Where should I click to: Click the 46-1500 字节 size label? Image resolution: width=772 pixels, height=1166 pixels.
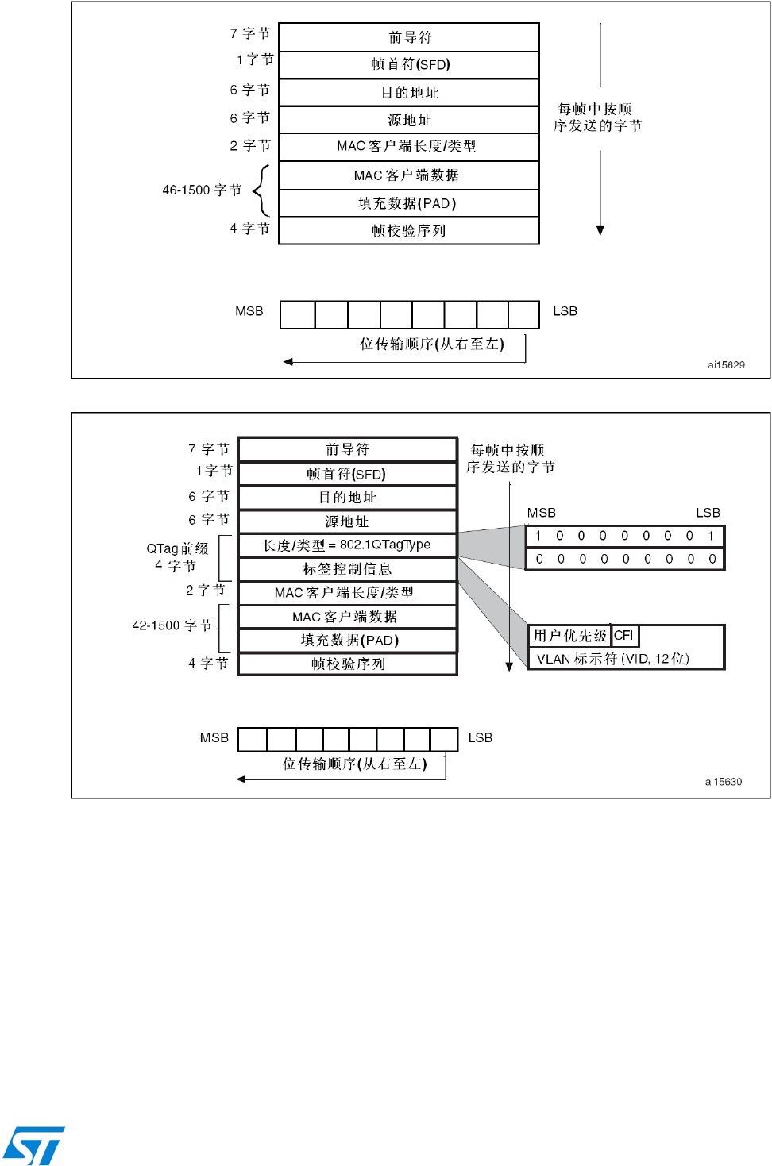tap(202, 190)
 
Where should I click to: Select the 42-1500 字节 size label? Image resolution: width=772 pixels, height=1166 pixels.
tap(172, 625)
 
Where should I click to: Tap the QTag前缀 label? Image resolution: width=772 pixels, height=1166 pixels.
tap(177, 548)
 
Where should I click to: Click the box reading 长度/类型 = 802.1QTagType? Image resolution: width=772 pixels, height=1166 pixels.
tap(347, 545)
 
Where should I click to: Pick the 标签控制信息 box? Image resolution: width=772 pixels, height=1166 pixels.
tap(347, 569)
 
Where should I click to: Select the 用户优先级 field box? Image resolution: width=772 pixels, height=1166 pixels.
tap(570, 636)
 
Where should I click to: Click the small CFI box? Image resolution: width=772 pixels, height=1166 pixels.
tap(624, 636)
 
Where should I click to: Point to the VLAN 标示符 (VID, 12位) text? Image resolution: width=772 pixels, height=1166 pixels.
tap(612, 659)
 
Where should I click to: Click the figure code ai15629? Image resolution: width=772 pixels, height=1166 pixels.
tap(726, 365)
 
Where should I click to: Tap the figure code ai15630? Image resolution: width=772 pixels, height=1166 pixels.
tap(723, 782)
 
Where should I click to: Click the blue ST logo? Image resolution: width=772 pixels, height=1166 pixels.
tap(33, 1145)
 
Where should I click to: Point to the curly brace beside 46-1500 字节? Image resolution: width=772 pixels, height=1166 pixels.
tap(261, 190)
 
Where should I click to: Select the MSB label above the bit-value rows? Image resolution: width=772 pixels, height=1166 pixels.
tap(542, 513)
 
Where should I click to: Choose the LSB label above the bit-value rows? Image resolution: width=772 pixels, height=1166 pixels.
tap(708, 513)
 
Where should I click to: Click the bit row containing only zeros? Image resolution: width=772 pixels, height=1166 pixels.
tap(625, 560)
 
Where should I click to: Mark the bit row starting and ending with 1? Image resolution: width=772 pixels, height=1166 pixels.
tap(625, 536)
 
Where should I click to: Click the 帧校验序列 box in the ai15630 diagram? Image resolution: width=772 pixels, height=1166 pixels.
tap(347, 664)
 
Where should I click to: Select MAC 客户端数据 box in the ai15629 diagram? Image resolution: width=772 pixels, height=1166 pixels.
tap(408, 175)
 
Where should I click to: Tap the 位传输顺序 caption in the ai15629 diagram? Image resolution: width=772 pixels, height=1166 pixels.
tap(431, 344)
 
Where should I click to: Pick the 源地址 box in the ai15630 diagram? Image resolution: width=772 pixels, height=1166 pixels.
tap(347, 521)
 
